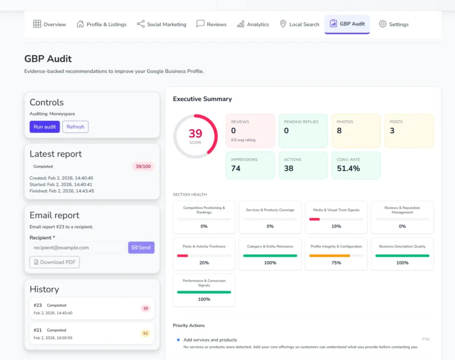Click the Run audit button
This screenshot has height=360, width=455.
pos(45,127)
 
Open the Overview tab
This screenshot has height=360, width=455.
pos(50,24)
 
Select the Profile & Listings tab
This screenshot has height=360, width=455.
pos(101,24)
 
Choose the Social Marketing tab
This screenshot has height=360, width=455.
pos(161,24)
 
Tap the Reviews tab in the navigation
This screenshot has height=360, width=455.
pos(212,24)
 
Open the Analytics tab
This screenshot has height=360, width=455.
pos(253,24)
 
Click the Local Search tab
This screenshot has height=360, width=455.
pos(299,24)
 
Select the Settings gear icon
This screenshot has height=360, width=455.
pos(383,24)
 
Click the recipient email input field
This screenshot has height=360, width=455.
pos(77,247)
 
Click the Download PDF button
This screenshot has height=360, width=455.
pos(55,262)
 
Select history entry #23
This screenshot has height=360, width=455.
pos(92,308)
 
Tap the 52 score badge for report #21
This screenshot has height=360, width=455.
pos(145,333)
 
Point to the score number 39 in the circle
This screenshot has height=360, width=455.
pos(196,134)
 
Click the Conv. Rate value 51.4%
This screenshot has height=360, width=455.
pos(350,168)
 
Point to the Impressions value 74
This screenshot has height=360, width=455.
pos(236,168)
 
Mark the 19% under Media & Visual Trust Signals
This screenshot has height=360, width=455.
pos(336,226)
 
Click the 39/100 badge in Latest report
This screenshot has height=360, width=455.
pos(143,167)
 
